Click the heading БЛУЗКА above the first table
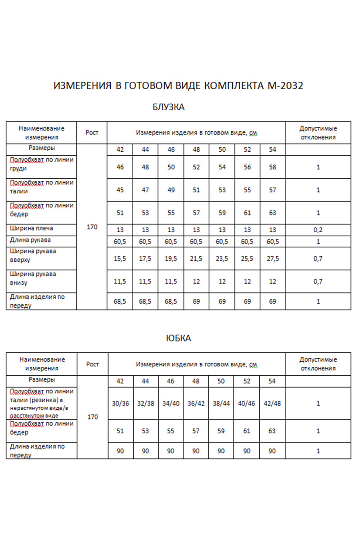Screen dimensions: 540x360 pos(169,107)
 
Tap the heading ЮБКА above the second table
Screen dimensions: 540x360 pos(179,338)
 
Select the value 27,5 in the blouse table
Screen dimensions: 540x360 pos(272,259)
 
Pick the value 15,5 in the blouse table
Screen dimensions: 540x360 pos(120,259)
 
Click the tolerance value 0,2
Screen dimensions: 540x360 pos(318,229)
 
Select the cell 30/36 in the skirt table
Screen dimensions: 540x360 pos(120,404)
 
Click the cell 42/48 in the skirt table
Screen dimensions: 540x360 pos(272,404)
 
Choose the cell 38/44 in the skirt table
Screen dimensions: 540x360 pos(221,404)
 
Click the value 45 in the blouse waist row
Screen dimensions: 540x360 pos(120,190)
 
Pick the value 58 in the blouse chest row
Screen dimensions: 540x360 pos(272,167)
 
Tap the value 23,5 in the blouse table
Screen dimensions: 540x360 pos(222,259)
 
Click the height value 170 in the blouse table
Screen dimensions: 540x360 pos(92,227)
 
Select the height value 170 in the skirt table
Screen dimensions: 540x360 pos(93,417)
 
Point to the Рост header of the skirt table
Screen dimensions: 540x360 pos(93,364)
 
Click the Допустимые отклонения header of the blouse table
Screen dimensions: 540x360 pos(318,133)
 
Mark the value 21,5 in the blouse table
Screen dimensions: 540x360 pos(196,259)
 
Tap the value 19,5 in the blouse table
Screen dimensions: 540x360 pos(171,259)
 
